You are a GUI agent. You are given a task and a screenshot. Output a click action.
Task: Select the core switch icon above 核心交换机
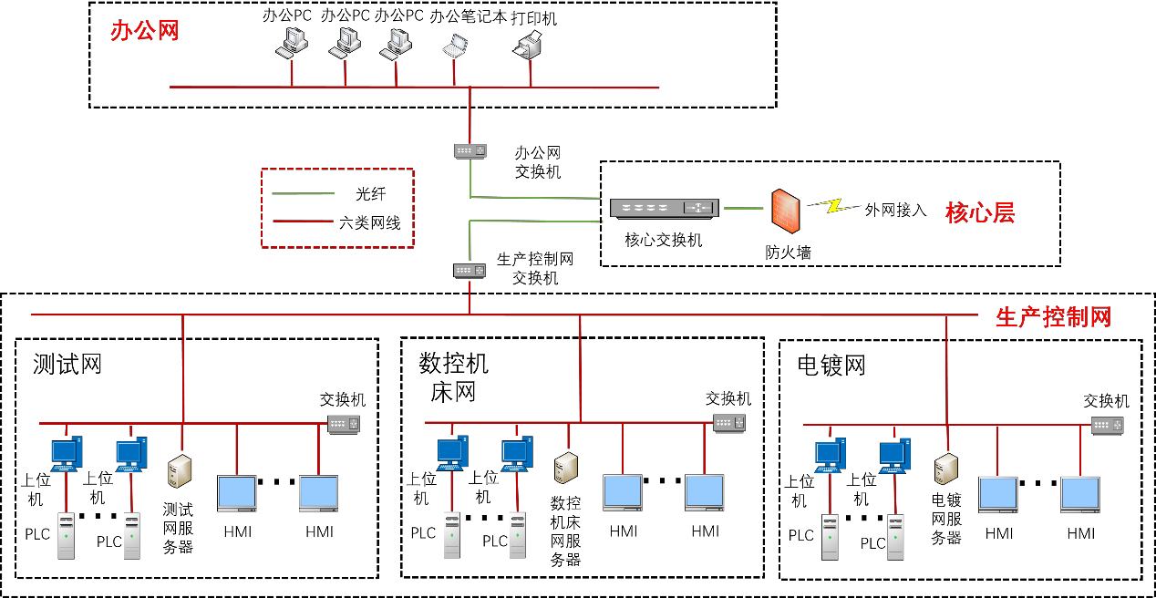click(665, 209)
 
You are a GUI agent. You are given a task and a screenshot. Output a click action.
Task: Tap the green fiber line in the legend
click(304, 193)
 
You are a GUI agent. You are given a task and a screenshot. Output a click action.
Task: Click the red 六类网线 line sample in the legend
click(304, 221)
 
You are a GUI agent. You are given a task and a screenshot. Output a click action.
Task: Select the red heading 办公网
click(144, 31)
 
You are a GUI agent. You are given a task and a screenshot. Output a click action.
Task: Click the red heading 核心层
click(980, 213)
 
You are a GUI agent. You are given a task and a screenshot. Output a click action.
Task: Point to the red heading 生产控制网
click(1053, 317)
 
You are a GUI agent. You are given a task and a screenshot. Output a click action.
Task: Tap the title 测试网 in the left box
click(67, 365)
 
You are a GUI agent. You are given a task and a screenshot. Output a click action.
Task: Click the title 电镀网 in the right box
click(831, 366)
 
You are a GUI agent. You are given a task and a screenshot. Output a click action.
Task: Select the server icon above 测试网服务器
click(178, 471)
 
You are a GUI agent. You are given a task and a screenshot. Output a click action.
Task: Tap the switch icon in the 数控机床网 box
click(729, 423)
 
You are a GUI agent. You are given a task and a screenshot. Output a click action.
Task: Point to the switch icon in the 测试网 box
click(344, 424)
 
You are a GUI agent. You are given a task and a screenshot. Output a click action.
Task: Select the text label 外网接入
click(895, 210)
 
